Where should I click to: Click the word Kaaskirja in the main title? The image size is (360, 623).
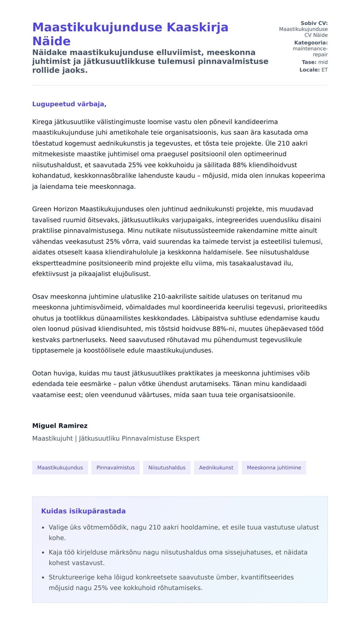[197, 27]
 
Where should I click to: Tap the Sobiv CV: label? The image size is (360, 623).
[314, 23]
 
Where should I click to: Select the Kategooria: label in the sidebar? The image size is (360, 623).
[311, 43]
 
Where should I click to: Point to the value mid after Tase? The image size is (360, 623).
[323, 62]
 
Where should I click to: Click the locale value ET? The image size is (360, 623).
[325, 70]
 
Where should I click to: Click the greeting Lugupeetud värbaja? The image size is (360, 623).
[69, 104]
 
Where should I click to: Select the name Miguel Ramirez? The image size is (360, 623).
[60, 426]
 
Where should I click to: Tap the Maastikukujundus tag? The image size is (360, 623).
[60, 467]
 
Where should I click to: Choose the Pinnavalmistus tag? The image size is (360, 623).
[115, 467]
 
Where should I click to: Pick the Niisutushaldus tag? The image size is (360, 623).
[167, 467]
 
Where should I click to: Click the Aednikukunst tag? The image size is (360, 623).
[216, 467]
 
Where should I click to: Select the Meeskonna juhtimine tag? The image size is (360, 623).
[274, 467]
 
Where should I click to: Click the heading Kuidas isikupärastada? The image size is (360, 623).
[83, 511]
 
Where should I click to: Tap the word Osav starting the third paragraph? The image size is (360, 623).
[40, 297]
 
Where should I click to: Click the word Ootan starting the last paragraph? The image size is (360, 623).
[42, 373]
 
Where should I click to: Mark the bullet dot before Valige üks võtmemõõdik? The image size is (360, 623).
[43, 527]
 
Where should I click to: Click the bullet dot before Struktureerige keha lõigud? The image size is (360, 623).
[43, 577]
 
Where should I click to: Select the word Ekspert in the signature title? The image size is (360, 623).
[187, 438]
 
